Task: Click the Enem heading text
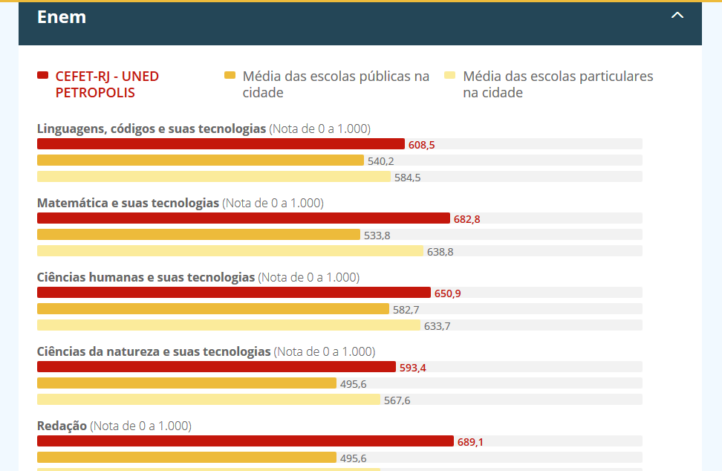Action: [x=62, y=17]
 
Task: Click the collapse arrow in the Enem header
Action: [x=677, y=15]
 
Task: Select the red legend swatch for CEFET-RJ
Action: [x=43, y=76]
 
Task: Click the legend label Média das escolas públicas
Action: [x=336, y=84]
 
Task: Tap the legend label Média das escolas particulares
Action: [x=557, y=84]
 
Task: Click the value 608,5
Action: [x=421, y=145]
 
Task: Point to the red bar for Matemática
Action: [x=244, y=218]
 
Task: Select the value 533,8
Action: [x=377, y=235]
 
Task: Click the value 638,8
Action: [x=440, y=252]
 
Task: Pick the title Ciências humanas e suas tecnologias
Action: [x=146, y=277]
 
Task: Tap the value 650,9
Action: [x=447, y=293]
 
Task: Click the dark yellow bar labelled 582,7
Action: [x=213, y=309]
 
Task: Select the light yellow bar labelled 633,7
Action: [x=229, y=325]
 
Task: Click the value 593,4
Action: [x=412, y=368]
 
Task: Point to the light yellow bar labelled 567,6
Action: [x=209, y=400]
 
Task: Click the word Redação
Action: [x=62, y=426]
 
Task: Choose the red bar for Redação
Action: [x=245, y=441]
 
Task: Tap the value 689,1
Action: [x=470, y=442]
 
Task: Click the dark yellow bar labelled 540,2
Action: [x=201, y=160]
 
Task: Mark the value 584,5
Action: [x=408, y=178]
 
